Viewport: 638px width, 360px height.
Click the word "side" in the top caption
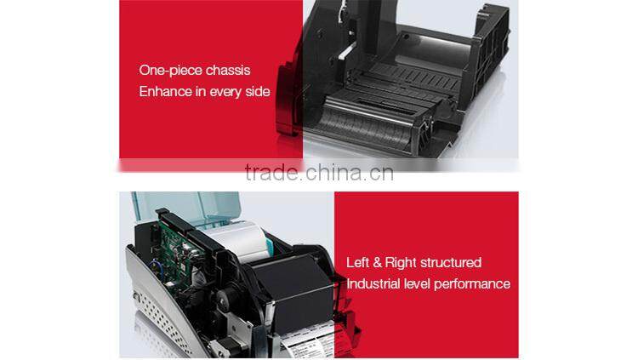258,91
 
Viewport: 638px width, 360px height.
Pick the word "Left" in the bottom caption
357,262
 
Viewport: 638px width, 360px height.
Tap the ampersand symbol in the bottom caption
377,263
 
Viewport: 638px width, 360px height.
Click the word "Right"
401,263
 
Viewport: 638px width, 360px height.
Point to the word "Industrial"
373,283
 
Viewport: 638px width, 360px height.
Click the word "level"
417,283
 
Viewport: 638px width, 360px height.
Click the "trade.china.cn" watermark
319,173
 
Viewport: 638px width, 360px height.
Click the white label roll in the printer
238,241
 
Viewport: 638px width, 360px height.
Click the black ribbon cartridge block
293,294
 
